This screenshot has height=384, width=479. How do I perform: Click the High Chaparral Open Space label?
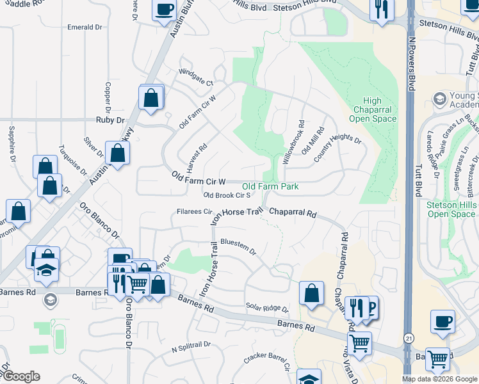point(372,109)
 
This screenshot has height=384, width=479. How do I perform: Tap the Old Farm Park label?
point(270,187)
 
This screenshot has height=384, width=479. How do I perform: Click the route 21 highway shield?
point(409,336)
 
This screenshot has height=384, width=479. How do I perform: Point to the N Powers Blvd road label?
point(411,64)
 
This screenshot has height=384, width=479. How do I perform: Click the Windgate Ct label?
point(195,77)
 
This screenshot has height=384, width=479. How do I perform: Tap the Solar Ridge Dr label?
point(267,308)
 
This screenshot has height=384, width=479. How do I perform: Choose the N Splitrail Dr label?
point(191,346)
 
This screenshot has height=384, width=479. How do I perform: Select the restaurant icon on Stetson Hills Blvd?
point(382,9)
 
